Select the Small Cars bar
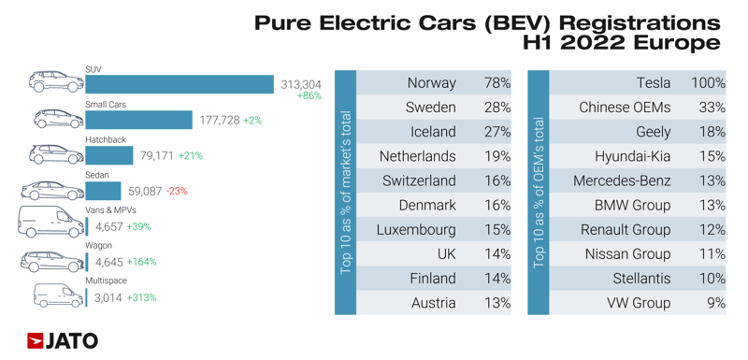[139, 121]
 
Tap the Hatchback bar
[109, 156]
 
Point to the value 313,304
[301, 85]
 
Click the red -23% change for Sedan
[176, 192]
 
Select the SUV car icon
[55, 82]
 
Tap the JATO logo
[63, 340]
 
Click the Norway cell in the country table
[432, 83]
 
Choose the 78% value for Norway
[497, 83]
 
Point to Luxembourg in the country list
[416, 229]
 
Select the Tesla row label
[654, 83]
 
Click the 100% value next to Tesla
[708, 83]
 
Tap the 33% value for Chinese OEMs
[712, 108]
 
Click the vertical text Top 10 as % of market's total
[346, 192]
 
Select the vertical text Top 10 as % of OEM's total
[538, 192]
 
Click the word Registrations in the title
[639, 22]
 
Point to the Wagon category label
[98, 246]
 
